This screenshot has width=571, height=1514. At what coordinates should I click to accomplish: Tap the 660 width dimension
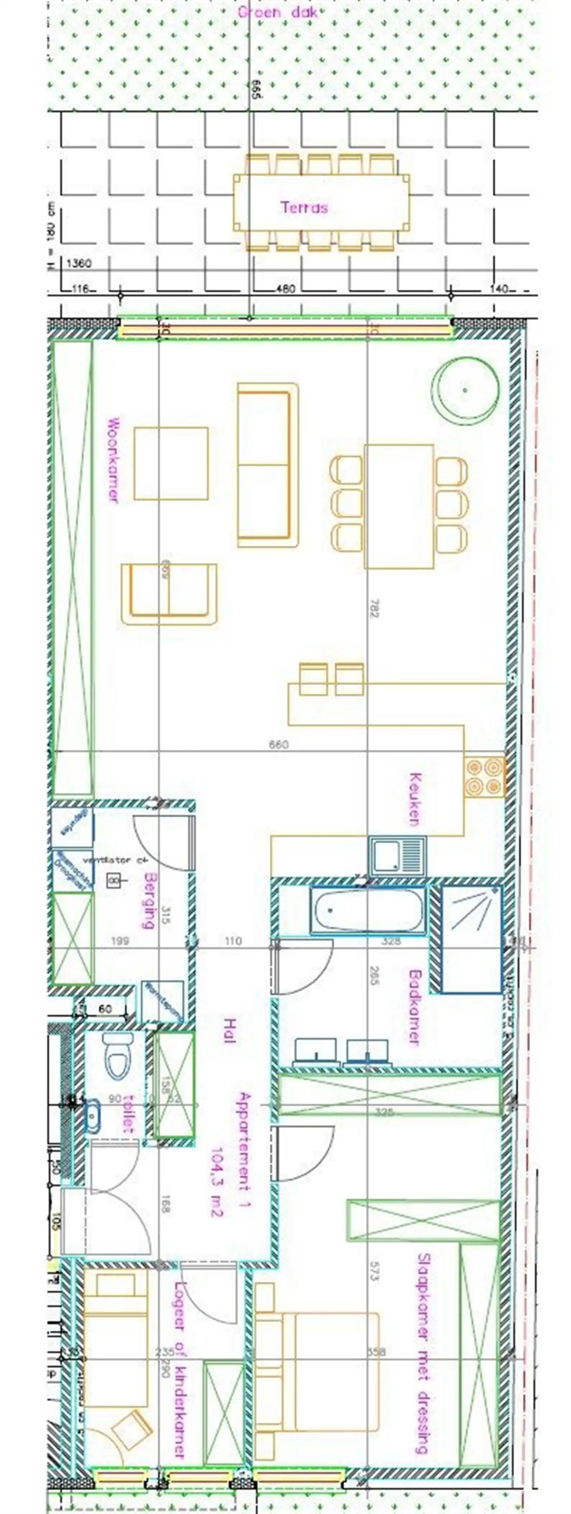pyautogui.click(x=279, y=745)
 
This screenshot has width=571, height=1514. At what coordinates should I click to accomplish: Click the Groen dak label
pyautogui.click(x=277, y=12)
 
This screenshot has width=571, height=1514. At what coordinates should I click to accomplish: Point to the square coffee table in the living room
pyautogui.click(x=171, y=463)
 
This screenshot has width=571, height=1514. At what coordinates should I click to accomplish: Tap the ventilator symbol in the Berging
pyautogui.click(x=113, y=880)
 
